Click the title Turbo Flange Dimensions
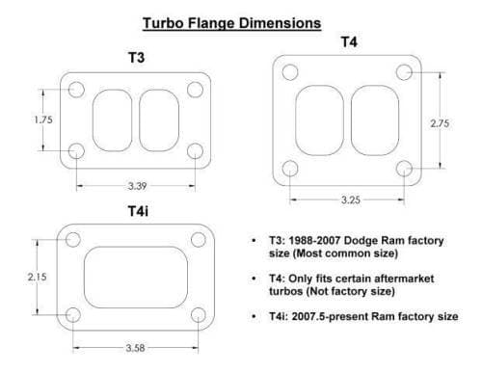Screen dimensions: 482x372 232,23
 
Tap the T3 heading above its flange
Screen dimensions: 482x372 137,58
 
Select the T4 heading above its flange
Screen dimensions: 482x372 349,42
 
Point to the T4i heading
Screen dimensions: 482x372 138,211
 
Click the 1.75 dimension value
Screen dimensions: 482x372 43,120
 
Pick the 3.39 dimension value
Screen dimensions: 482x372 137,186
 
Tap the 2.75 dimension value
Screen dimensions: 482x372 440,123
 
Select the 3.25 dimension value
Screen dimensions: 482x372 351,200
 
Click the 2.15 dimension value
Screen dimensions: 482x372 37,277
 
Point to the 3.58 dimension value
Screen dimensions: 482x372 135,348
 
